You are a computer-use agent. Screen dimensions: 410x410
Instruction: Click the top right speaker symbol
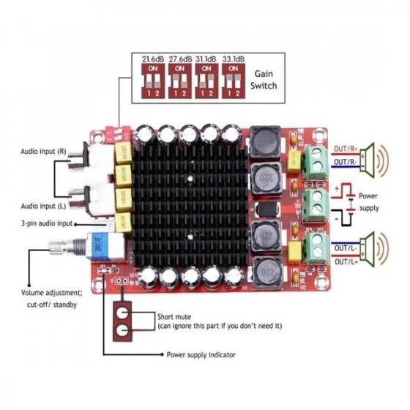[379, 157]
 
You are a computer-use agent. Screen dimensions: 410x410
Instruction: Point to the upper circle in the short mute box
[122, 316]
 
